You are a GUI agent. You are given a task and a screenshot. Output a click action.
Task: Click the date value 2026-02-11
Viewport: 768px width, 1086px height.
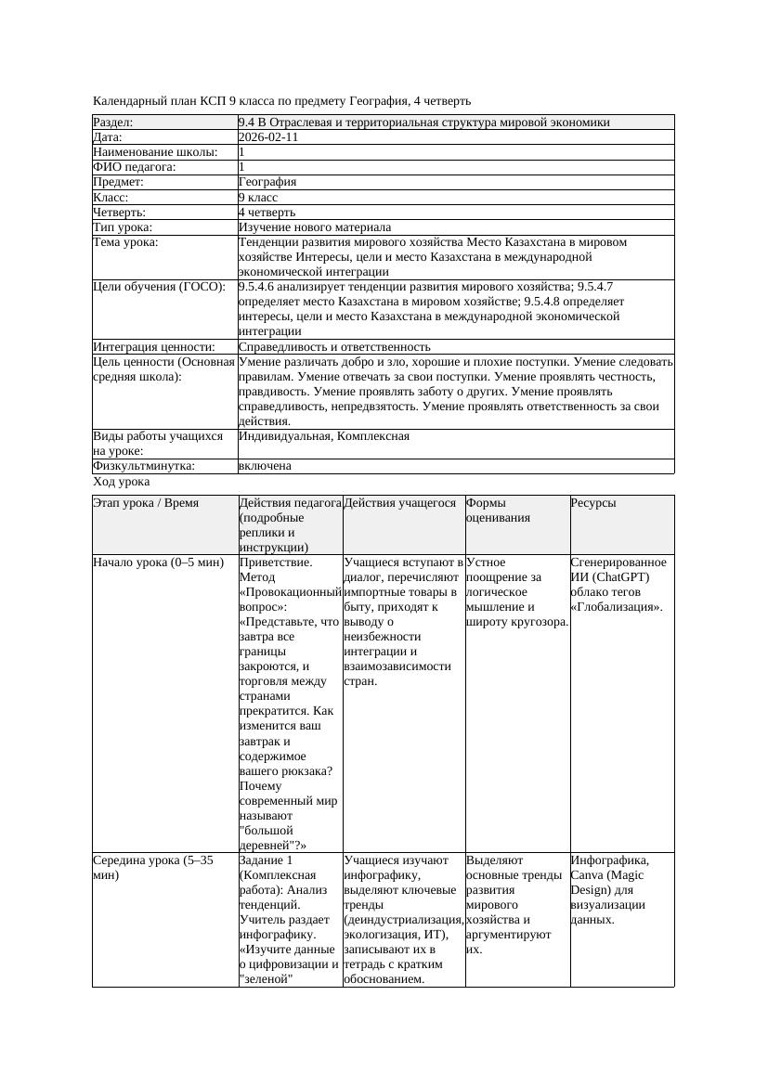tap(268, 137)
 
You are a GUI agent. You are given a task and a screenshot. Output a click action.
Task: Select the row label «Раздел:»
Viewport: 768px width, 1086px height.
tap(113, 123)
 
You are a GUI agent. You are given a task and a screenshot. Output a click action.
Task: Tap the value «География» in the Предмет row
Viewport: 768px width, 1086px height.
tap(267, 183)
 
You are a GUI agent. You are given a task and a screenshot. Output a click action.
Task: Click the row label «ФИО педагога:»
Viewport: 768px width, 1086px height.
tap(135, 167)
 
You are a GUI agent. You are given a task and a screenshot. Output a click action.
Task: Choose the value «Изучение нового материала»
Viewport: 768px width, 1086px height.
tap(315, 227)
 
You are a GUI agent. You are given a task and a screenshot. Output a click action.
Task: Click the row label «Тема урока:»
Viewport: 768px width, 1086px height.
tap(125, 242)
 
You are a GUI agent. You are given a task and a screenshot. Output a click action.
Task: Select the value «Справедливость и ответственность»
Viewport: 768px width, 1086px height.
tap(334, 347)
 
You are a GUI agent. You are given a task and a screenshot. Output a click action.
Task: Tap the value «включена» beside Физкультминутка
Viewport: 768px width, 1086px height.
tap(265, 466)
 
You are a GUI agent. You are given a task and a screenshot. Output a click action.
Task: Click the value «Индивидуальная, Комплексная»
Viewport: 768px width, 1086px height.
tap(324, 436)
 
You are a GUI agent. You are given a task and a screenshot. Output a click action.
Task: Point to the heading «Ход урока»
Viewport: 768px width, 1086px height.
tap(122, 482)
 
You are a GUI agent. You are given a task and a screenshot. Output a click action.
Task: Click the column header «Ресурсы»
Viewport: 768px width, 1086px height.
tap(593, 503)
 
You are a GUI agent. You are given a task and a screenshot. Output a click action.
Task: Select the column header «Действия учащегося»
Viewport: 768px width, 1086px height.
tap(400, 503)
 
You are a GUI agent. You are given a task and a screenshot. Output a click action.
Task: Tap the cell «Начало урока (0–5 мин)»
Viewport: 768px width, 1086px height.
tap(158, 562)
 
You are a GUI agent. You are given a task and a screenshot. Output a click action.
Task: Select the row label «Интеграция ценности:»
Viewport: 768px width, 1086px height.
tap(154, 347)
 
